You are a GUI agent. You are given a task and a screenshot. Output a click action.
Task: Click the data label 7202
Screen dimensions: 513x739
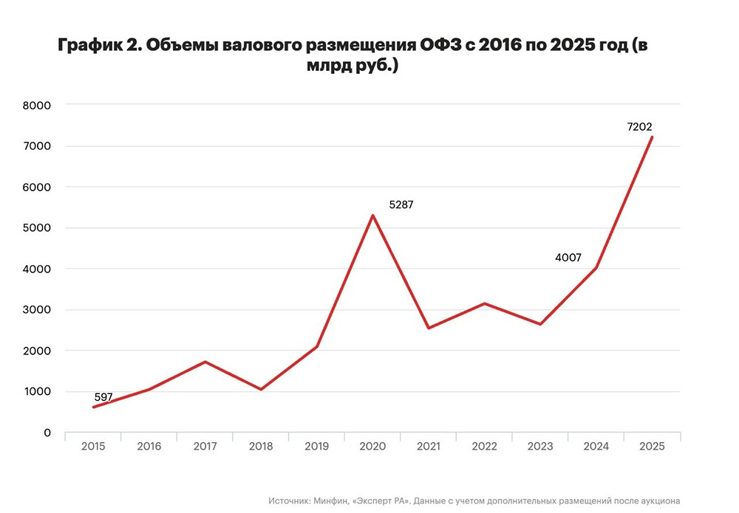coord(639,127)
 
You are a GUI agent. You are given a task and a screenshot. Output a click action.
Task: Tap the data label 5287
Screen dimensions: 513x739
coord(401,205)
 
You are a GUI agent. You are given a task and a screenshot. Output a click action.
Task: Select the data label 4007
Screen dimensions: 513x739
coord(568,258)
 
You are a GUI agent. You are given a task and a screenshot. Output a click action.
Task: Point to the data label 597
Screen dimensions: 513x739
coord(103,397)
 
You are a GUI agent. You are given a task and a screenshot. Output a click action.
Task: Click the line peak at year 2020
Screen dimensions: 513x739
coord(372,216)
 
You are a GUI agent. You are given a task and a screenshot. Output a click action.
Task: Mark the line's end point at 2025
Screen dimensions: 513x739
coord(652,137)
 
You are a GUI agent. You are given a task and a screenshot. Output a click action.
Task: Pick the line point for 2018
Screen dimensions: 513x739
coord(261,389)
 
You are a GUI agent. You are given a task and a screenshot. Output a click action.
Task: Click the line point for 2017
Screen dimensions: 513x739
coord(205,362)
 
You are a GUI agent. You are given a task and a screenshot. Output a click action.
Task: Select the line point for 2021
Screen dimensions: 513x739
coord(429,328)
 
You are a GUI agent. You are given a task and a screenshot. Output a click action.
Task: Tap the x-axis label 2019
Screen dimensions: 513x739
coord(316,447)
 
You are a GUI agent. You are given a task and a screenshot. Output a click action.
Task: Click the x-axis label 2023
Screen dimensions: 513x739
coord(540,447)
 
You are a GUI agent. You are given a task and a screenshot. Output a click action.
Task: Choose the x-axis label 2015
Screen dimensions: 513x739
coord(93,447)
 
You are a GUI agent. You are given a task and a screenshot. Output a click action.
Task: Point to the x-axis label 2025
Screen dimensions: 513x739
coord(652,447)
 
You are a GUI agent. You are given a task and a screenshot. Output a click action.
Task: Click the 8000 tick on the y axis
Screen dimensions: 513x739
coord(36,106)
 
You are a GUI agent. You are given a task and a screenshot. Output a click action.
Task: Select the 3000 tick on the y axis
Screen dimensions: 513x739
coord(36,310)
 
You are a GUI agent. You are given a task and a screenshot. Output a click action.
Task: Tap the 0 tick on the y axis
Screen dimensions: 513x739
coord(47,433)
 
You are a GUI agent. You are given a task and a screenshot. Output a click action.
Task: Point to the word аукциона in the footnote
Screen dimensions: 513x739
coord(655,500)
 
